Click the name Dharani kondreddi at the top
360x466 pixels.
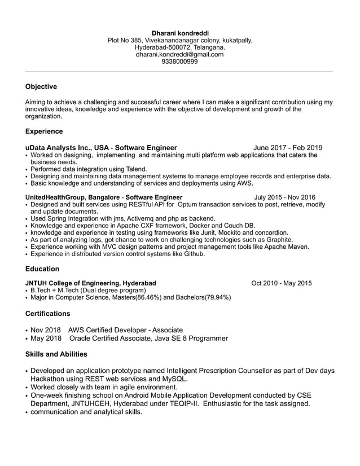coord(179,33)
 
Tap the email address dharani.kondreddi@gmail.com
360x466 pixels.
coord(179,55)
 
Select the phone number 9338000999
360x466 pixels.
coord(179,62)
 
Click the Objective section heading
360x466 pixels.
coord(41,87)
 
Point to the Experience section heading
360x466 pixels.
coord(44,131)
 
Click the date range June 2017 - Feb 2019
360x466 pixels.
coord(288,148)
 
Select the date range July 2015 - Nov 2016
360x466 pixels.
coord(285,197)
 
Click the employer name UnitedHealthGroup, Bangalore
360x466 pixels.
coord(72,197)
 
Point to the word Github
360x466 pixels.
coord(192,254)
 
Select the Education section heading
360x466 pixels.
coord(42,269)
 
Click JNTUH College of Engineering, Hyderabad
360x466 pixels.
coord(91,283)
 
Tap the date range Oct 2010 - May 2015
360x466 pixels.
coord(282,283)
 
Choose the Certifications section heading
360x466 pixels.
coord(48,314)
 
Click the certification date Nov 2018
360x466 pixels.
coord(45,330)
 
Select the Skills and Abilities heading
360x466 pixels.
coord(56,354)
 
